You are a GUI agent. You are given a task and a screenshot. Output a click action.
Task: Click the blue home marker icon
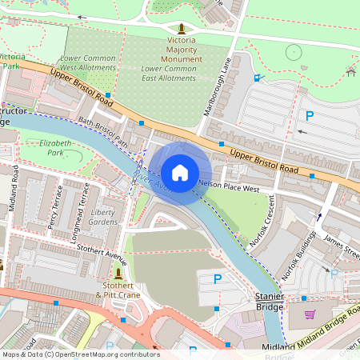[x=180, y=172]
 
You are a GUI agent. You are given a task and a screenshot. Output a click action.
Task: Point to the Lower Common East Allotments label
[x=168, y=74]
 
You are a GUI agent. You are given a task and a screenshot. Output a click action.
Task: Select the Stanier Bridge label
[x=270, y=301]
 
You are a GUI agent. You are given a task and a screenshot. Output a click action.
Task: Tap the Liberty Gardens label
[x=103, y=217]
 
